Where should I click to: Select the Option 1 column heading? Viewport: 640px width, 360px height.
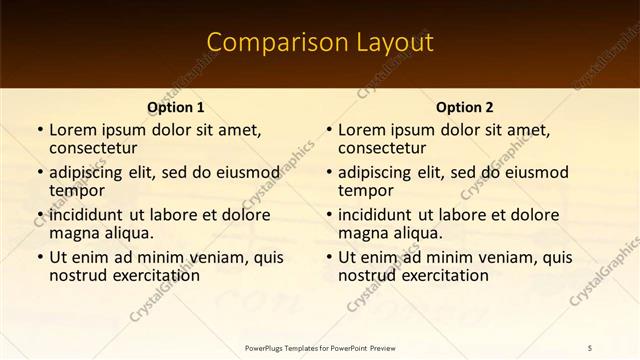tap(176, 107)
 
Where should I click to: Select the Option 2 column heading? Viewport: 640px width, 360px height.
tap(465, 107)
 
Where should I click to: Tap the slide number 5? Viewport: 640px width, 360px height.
tap(590, 347)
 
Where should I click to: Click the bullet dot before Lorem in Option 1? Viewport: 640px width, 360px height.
tap(39, 130)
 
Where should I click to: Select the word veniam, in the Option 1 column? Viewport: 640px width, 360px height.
tap(220, 257)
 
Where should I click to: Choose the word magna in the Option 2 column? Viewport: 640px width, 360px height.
tap(363, 233)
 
